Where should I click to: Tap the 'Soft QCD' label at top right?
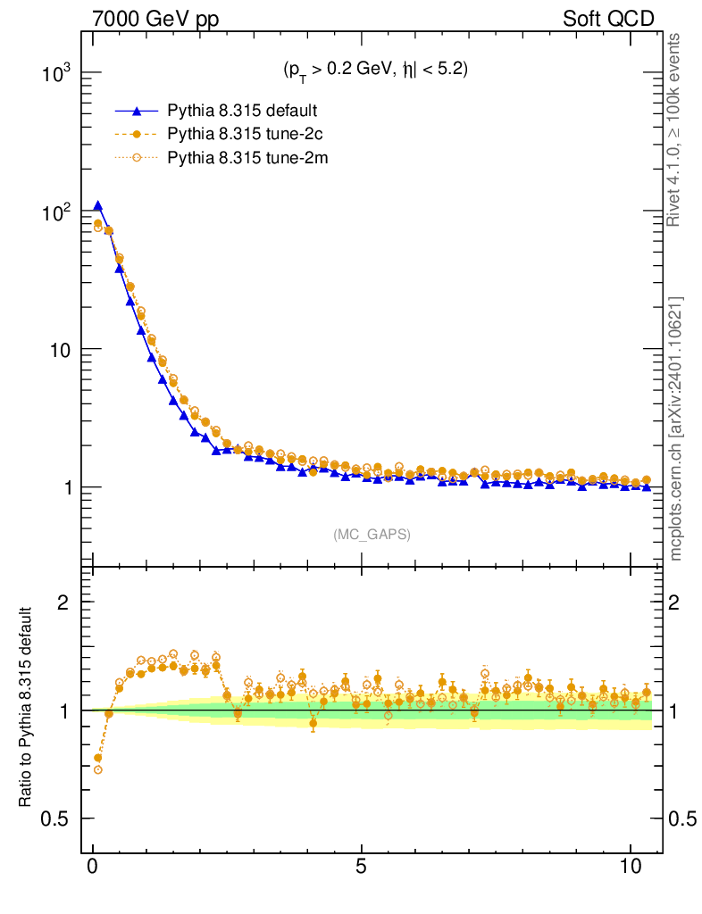coord(608,19)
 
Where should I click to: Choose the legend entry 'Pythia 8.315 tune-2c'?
coord(245,135)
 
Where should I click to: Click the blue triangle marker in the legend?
coord(136,112)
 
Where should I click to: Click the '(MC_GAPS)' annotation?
coord(372,535)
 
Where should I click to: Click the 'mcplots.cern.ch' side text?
coord(676,509)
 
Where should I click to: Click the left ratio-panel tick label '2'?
coord(63,602)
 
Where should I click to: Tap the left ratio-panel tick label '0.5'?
coord(56,819)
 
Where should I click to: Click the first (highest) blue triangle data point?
coord(98,206)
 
